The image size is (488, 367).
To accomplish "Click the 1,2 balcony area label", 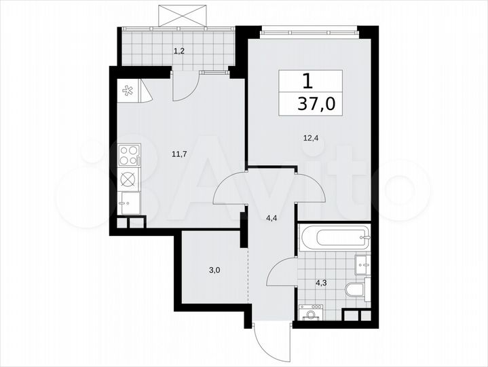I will click(x=179, y=50).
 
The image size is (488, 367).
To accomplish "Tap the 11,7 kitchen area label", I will click(x=179, y=154).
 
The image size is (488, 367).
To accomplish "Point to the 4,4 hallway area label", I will click(x=271, y=218).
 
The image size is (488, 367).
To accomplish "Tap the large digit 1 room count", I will click(x=307, y=82).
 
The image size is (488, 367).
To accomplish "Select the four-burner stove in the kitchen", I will click(x=129, y=156).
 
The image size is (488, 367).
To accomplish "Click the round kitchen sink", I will click(x=128, y=179).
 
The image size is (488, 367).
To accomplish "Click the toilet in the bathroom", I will click(x=356, y=290).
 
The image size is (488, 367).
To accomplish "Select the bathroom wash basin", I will click(x=362, y=263).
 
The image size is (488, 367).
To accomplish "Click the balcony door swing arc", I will click(x=185, y=87).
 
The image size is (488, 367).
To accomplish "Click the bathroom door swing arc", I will click(x=282, y=274).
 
